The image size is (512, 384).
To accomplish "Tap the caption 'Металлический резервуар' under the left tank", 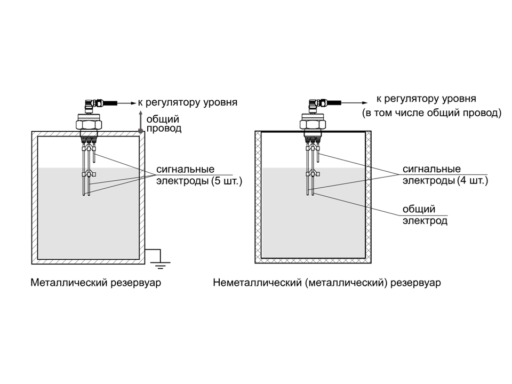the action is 95,283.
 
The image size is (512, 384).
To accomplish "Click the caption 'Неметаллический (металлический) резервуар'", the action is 327,283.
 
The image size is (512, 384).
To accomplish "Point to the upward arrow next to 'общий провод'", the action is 140,121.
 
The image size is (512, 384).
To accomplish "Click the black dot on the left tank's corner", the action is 140,131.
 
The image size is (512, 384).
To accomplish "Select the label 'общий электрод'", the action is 425,215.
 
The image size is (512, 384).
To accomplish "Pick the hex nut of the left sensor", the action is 89,124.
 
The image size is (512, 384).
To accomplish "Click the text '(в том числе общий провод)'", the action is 431,113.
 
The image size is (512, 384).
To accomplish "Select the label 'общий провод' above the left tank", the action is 164,124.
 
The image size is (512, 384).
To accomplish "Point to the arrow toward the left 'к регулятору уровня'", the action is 126,103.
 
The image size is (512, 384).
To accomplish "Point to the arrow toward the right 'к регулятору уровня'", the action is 355,103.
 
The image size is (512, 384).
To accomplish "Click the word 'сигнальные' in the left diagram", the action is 185,169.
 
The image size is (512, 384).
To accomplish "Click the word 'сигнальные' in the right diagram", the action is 431,169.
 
